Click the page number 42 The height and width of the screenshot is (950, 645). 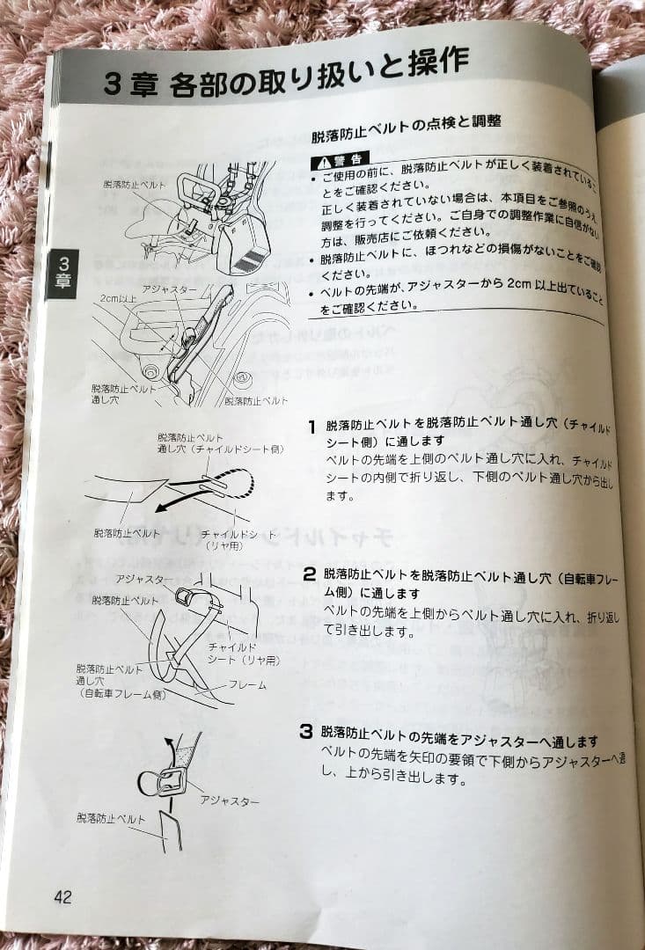coord(62,897)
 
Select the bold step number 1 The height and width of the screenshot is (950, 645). coord(312,427)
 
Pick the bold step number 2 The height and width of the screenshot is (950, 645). coord(309,574)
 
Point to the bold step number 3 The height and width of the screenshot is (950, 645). coord(306,731)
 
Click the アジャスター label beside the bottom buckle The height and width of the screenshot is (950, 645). coord(230,800)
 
